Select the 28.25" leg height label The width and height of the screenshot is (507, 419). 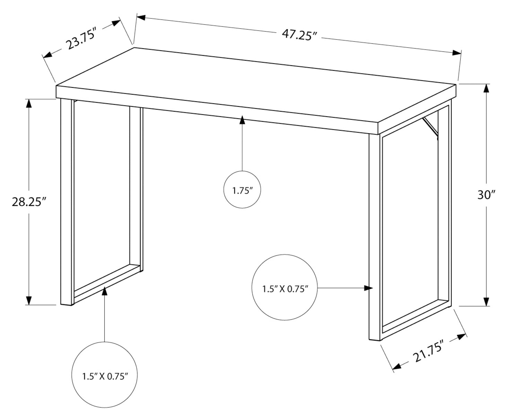point(29,202)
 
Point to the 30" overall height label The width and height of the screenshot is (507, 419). point(485,195)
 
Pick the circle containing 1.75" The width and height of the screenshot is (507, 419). point(242,190)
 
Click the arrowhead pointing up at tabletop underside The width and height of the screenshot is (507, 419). point(242,120)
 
